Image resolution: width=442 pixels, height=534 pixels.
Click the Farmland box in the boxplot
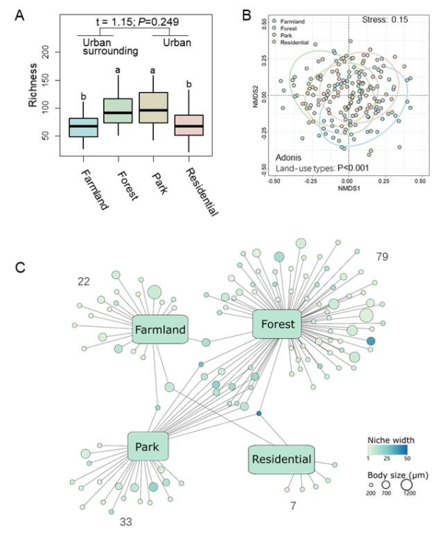point(83,127)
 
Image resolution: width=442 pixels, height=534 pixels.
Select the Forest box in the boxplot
point(118,110)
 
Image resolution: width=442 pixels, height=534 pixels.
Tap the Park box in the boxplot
point(154,108)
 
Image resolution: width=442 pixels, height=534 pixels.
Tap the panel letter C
point(21,265)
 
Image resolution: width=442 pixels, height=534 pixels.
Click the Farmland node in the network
point(160,330)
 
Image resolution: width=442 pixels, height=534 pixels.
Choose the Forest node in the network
point(278,324)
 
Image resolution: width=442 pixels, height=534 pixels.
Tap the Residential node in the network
point(281,460)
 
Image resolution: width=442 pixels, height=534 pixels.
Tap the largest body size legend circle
point(406,485)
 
